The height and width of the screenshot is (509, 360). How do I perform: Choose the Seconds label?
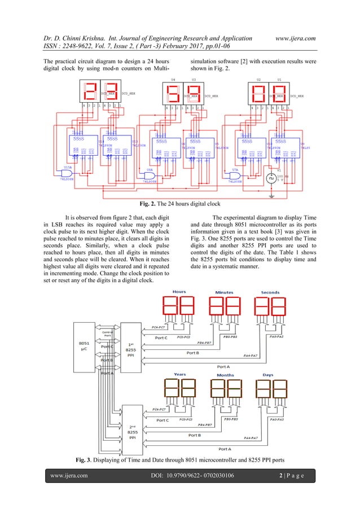pyautogui.click(x=270, y=292)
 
